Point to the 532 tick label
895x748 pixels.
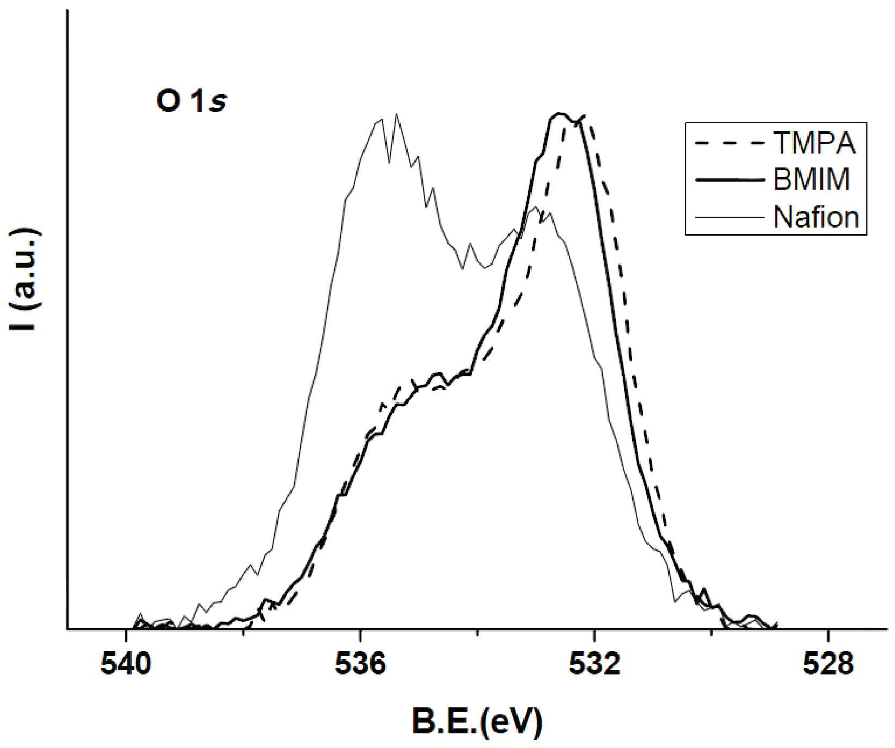(594, 665)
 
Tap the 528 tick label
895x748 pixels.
(828, 665)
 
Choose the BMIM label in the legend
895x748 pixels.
(812, 180)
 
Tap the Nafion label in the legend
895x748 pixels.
(816, 217)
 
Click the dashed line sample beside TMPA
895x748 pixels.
(729, 144)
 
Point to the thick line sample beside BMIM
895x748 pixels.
(729, 180)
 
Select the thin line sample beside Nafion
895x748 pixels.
(729, 217)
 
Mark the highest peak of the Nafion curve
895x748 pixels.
(396, 114)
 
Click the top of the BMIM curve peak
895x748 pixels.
(559, 113)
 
